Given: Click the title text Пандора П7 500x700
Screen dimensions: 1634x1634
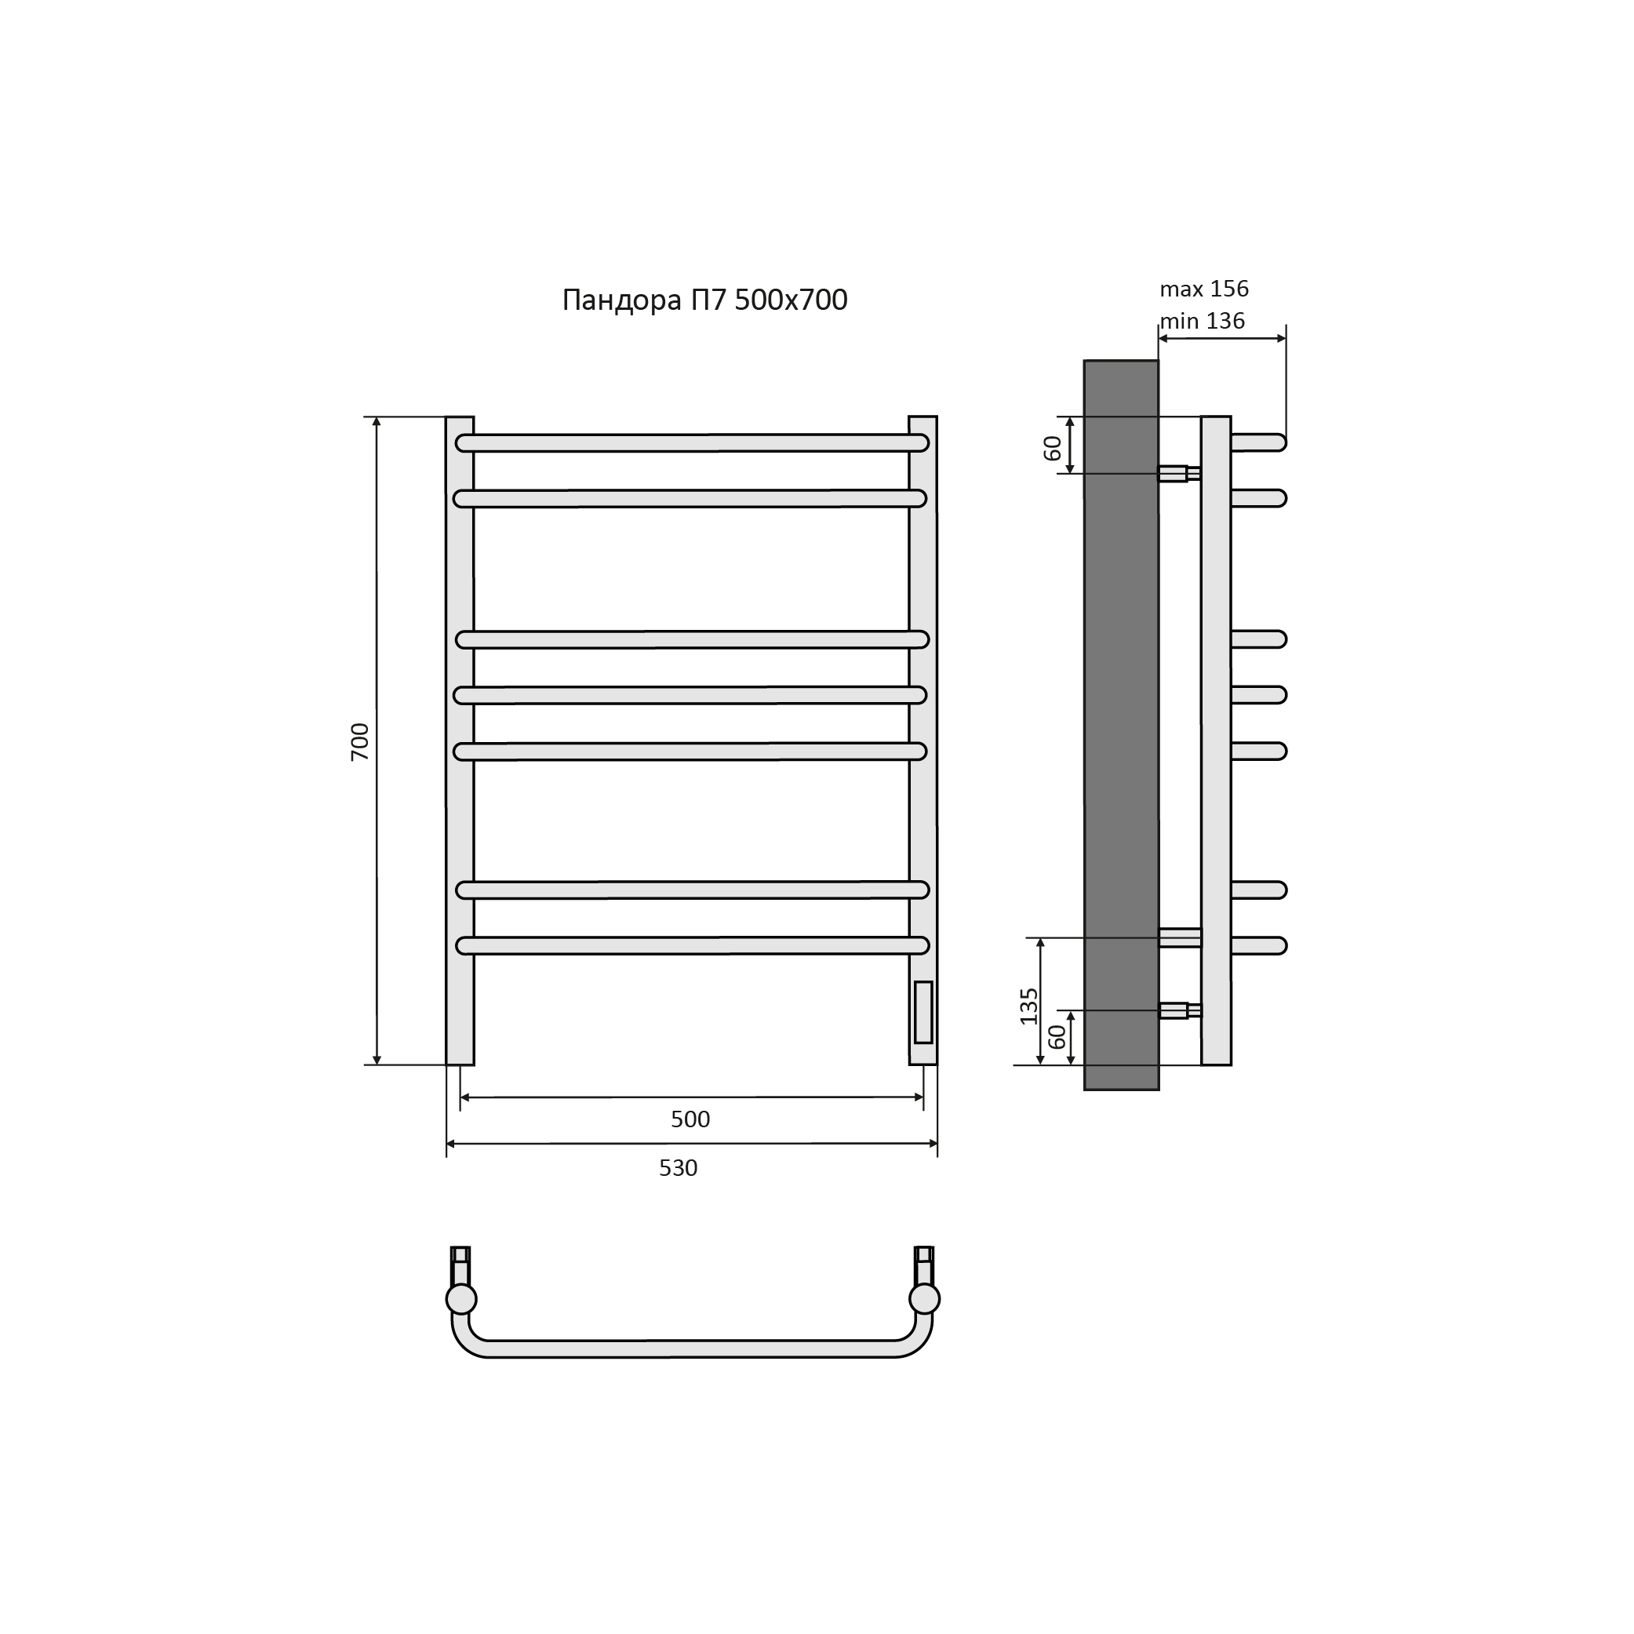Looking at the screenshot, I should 704,300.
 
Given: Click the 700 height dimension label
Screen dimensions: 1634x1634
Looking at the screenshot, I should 360,742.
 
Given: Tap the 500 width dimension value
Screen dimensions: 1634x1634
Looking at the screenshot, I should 690,1119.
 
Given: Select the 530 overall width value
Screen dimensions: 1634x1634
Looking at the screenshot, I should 679,1168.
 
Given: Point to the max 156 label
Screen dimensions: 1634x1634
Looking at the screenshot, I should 1203,289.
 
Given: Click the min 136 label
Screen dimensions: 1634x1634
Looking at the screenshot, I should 1202,322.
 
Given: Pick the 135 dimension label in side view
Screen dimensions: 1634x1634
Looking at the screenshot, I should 1028,1006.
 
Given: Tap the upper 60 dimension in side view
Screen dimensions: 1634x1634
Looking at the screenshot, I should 1052,447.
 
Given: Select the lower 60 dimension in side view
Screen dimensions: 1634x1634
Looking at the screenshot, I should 1057,1037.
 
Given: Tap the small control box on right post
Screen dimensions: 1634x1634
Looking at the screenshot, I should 923,1013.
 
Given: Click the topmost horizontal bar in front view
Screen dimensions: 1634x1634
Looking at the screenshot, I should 692,443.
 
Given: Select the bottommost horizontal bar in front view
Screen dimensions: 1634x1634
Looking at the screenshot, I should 692,945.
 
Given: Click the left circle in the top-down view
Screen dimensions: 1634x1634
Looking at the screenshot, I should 462,1298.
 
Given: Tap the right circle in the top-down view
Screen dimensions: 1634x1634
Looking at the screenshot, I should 924,1298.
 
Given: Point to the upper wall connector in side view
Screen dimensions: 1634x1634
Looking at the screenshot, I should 1178,474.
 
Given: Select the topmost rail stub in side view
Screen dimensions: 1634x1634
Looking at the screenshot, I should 1258,442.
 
